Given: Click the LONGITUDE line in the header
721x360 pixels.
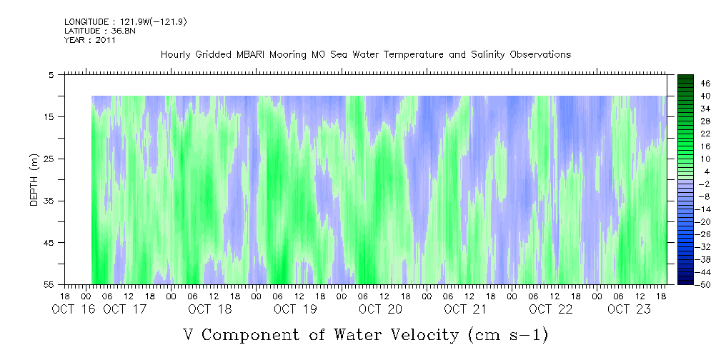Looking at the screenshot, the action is pyautogui.click(x=126, y=21).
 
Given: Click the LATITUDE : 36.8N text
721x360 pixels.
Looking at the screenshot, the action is pyautogui.click(x=100, y=31).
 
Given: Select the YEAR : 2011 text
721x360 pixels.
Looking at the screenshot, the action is pyautogui.click(x=90, y=40).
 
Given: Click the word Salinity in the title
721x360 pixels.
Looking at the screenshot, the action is pyautogui.click(x=487, y=55).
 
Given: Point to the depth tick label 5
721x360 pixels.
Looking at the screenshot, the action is pyautogui.click(x=51, y=75).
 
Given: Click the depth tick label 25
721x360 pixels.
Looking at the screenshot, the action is pyautogui.click(x=48, y=159).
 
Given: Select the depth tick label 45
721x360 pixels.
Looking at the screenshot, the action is pyautogui.click(x=48, y=243).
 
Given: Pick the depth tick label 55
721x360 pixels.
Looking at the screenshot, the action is pyautogui.click(x=48, y=284).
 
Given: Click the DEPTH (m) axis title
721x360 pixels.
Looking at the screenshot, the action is pyautogui.click(x=34, y=180).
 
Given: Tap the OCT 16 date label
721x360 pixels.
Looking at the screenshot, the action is pyautogui.click(x=74, y=309).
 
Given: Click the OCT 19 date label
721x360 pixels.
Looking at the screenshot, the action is pyautogui.click(x=295, y=309).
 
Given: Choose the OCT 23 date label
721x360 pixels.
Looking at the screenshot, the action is pyautogui.click(x=629, y=309).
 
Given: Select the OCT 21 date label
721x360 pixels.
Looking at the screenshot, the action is pyautogui.click(x=465, y=309).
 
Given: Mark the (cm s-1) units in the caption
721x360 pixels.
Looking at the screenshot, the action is pyautogui.click(x=507, y=335).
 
